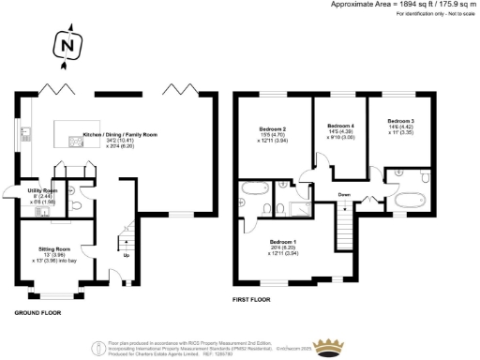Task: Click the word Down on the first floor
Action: (x=345, y=195)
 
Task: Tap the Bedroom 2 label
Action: (x=271, y=133)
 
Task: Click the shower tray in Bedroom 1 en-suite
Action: (x=302, y=209)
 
